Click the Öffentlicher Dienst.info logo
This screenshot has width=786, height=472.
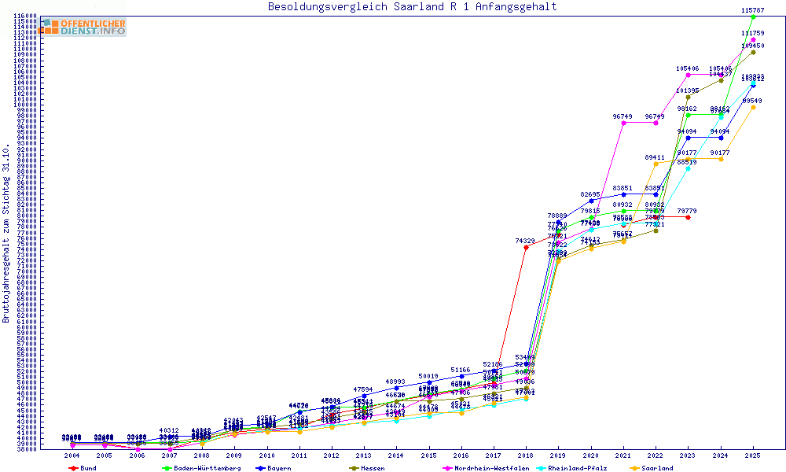[83, 28]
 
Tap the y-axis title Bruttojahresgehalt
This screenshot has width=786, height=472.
[7, 234]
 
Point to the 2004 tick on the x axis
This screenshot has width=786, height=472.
[72, 455]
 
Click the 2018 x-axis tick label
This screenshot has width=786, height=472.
[526, 455]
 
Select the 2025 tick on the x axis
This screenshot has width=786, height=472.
[753, 455]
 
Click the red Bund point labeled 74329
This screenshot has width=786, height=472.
[526, 247]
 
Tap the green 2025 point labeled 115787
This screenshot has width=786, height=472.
[753, 17]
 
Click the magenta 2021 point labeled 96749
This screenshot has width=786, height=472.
[623, 123]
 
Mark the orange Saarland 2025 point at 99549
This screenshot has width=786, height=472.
[753, 107]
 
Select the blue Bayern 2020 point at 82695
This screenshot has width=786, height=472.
[591, 201]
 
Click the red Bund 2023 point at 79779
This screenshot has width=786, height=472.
[688, 217]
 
